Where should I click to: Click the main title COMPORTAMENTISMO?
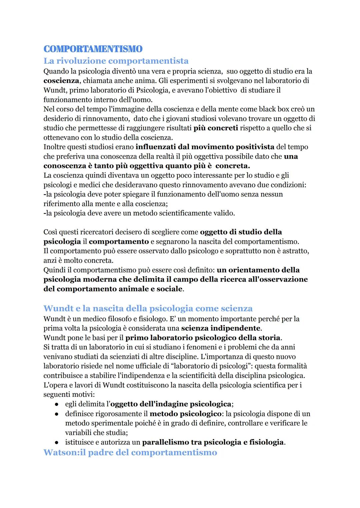pyautogui.click(x=93, y=49)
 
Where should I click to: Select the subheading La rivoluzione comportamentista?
pyautogui.click(x=116, y=61)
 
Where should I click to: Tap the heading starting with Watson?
pyautogui.click(x=130, y=452)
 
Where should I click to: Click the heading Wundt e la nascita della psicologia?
pyautogui.click(x=148, y=308)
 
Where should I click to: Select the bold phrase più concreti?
pyautogui.click(x=216, y=128)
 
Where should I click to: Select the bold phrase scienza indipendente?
pyautogui.click(x=221, y=328)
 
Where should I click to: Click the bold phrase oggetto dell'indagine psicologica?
pyautogui.click(x=171, y=404)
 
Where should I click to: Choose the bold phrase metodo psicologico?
pyautogui.click(x=186, y=414)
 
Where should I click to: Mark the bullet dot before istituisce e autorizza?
pyautogui.click(x=57, y=443)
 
